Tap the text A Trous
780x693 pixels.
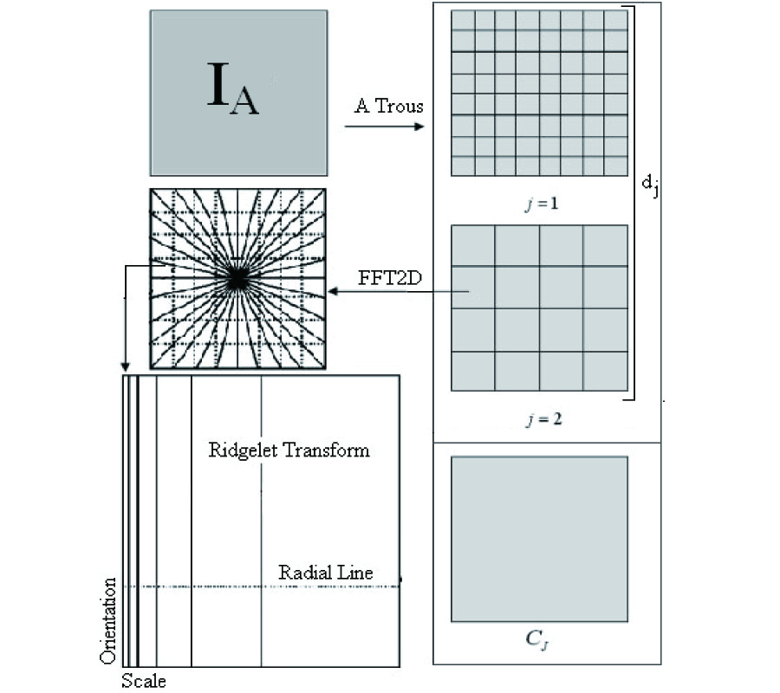click(389, 107)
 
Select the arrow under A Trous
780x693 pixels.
click(384, 127)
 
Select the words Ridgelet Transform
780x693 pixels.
click(289, 450)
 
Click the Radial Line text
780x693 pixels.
click(325, 573)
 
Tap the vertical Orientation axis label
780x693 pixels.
click(109, 620)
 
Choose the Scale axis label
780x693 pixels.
click(143, 681)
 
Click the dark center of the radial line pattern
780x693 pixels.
click(237, 278)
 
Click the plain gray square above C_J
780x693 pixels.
click(539, 539)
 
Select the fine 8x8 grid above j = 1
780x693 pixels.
click(539, 93)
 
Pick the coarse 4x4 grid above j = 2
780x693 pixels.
click(539, 308)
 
